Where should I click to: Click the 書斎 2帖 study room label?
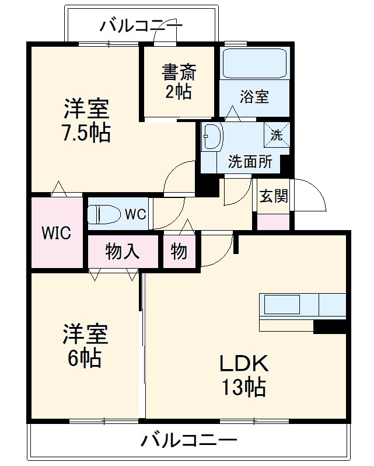[180, 82]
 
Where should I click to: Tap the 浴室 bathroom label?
[254, 96]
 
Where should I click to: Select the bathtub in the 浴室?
[254, 64]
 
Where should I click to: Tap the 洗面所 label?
[250, 162]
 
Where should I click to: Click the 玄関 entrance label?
[273, 196]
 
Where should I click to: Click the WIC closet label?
[56, 234]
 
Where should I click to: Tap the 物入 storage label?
[123, 252]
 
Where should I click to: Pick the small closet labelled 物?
[179, 252]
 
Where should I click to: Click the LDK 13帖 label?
[243, 375]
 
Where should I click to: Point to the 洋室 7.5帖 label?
[87, 121]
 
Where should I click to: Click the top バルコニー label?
[141, 26]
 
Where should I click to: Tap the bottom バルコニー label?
[189, 440]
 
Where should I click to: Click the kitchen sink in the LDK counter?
[282, 304]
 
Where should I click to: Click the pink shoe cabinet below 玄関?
[273, 222]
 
